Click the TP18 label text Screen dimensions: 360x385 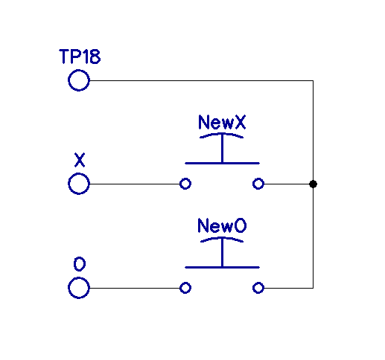pyautogui.click(x=80, y=57)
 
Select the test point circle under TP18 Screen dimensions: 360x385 pyautogui.click(x=79, y=80)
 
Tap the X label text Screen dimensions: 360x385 pyautogui.click(x=80, y=159)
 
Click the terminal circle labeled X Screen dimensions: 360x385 pyautogui.click(x=79, y=184)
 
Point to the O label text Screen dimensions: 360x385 pyautogui.click(x=79, y=263)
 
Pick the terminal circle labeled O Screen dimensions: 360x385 pyautogui.click(x=79, y=287)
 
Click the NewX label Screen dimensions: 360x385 pyautogui.click(x=222, y=123)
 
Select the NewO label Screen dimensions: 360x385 pyautogui.click(x=222, y=225)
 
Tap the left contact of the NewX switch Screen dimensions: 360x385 pyautogui.click(x=185, y=184)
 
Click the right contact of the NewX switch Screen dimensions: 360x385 pyautogui.click(x=258, y=184)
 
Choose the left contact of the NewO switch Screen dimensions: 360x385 pyautogui.click(x=185, y=287)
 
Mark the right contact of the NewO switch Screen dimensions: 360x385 pyautogui.click(x=258, y=287)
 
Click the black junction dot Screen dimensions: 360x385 pyautogui.click(x=313, y=184)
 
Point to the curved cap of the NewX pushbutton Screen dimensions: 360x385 pyautogui.click(x=222, y=136)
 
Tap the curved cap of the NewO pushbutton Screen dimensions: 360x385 pyautogui.click(x=222, y=240)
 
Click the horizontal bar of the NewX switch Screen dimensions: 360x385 pyautogui.click(x=222, y=163)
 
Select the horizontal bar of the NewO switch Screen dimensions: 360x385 pyautogui.click(x=222, y=266)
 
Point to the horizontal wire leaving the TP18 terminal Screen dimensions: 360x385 pyautogui.click(x=201, y=80)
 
